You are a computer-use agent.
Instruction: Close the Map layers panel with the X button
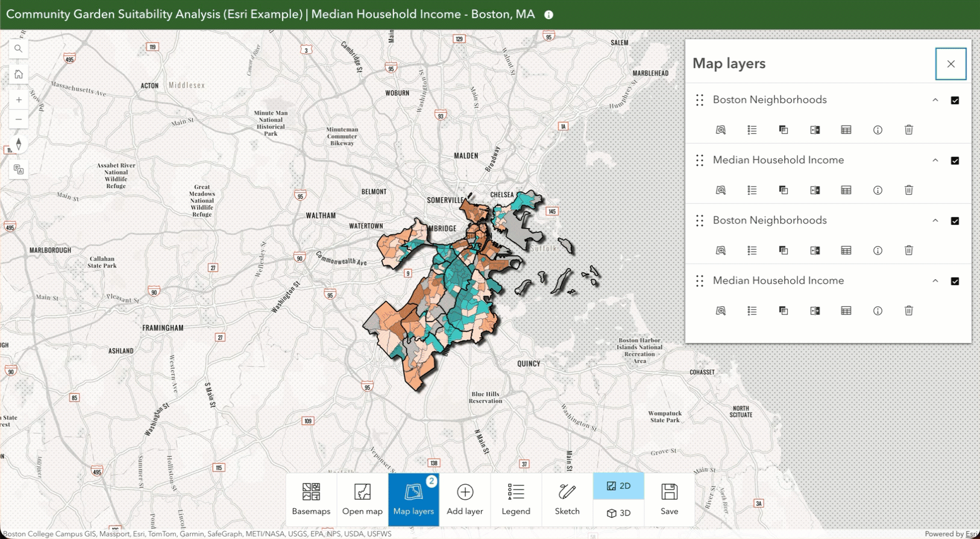(950, 64)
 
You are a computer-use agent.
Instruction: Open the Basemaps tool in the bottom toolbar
(311, 499)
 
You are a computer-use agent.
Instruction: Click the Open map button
(362, 499)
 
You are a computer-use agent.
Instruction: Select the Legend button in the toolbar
(516, 499)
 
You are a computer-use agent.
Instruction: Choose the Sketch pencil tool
(567, 499)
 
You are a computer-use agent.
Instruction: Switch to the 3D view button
(618, 513)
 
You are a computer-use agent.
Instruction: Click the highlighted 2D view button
(618, 486)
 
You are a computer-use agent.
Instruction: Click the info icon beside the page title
(548, 15)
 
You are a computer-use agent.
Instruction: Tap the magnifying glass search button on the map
(19, 49)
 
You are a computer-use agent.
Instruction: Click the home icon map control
(19, 74)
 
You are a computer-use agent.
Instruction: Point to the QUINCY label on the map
(529, 364)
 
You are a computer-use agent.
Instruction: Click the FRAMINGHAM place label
(163, 328)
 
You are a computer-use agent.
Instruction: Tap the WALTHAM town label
(321, 215)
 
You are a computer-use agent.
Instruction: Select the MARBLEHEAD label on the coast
(650, 73)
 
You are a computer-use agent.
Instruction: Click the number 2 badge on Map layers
(432, 481)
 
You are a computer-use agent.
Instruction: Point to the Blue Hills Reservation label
(485, 397)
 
